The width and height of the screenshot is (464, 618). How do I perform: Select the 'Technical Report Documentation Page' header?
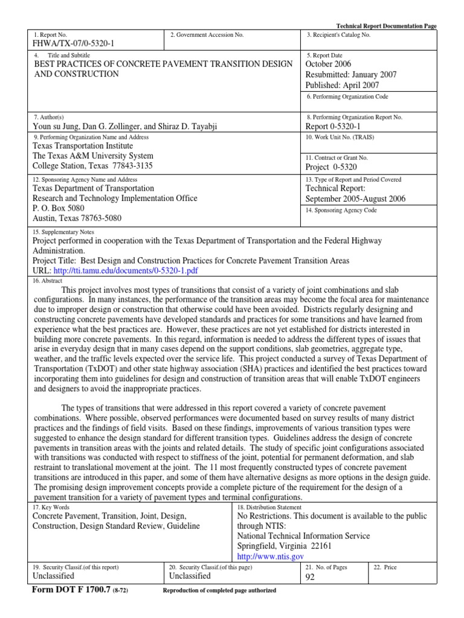pyautogui.click(x=385, y=27)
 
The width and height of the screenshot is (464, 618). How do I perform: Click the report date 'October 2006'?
pyautogui.click(x=328, y=64)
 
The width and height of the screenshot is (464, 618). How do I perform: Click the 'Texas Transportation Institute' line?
pyautogui.click(x=82, y=145)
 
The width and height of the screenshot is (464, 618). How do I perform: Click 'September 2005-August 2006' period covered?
pyautogui.click(x=355, y=199)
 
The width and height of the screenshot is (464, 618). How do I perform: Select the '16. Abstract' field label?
pyautogui.click(x=49, y=280)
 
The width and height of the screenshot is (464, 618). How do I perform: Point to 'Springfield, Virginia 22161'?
pyautogui.click(x=284, y=546)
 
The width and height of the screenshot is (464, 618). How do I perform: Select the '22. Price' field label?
pyautogui.click(x=385, y=567)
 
